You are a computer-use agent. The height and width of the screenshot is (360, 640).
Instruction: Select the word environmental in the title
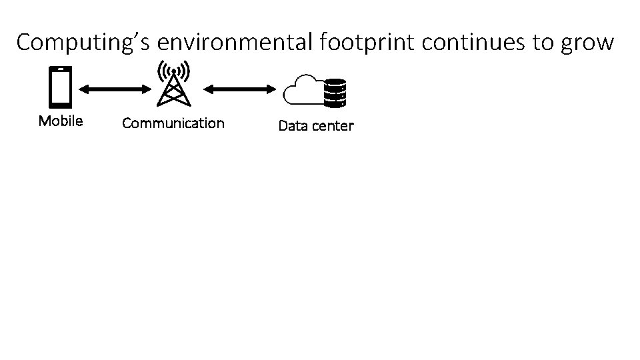(x=236, y=42)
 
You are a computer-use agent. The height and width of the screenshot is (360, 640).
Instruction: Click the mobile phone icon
(x=61, y=87)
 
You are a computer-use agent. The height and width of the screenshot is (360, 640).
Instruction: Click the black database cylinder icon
(x=335, y=93)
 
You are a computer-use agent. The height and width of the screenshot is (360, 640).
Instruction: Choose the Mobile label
(x=61, y=121)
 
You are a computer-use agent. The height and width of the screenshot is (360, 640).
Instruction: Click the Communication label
(x=173, y=123)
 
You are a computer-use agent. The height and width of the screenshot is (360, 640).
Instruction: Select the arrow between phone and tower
(x=113, y=87)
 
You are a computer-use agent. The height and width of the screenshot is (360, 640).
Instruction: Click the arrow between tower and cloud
(x=240, y=87)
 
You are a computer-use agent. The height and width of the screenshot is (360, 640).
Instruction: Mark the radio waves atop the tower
(x=173, y=69)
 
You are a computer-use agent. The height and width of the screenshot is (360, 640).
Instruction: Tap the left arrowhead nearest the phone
(x=83, y=87)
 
